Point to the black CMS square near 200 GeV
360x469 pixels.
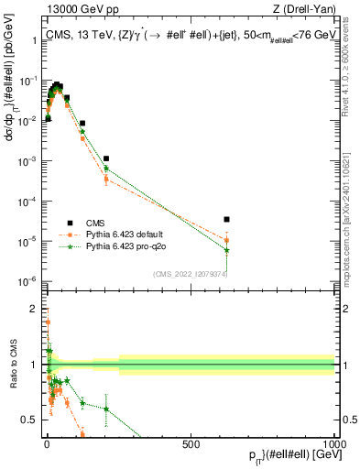point(106,158)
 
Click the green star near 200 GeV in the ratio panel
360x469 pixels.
point(106,409)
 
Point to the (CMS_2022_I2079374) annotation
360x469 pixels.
point(190,274)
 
